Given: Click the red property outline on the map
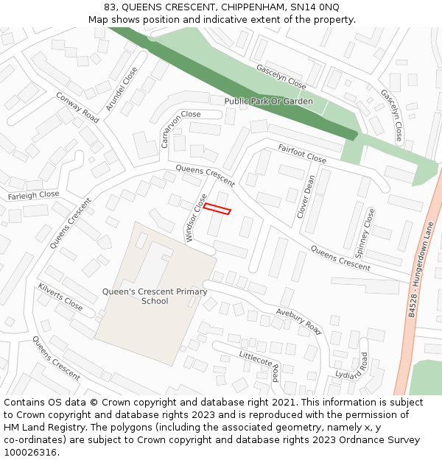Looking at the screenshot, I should [x=217, y=209].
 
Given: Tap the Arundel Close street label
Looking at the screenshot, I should [x=122, y=89].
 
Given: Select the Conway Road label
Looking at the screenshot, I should [x=77, y=107].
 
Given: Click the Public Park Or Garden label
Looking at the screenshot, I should [x=268, y=101].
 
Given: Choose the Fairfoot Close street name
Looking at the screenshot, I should [x=302, y=154].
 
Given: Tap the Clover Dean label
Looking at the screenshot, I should [x=306, y=196].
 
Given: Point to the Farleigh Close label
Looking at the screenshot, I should [x=34, y=195].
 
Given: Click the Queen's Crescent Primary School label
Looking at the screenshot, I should [x=155, y=296].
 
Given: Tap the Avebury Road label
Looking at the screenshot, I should [x=299, y=321].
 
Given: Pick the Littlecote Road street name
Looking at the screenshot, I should [x=259, y=365].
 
